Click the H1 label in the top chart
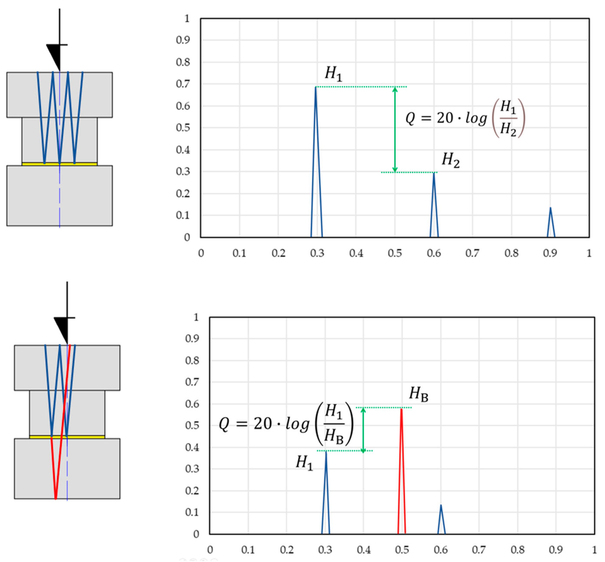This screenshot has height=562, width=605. tap(333, 74)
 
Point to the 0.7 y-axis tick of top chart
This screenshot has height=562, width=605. tap(183, 84)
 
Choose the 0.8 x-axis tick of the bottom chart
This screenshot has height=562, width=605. tap(517, 550)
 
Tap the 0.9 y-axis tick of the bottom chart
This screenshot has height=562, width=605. tap(192, 339)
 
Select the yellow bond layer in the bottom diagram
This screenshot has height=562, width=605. tap(67, 437)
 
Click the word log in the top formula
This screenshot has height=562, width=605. tap(476, 118)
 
